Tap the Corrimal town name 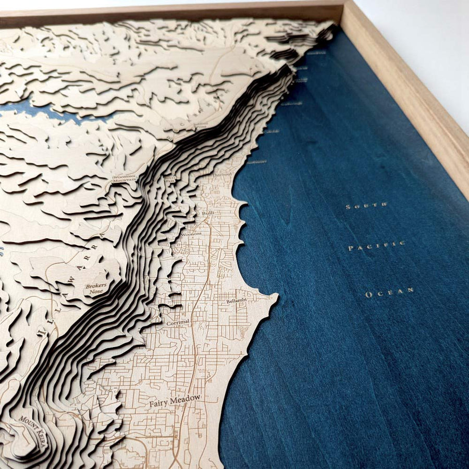178,322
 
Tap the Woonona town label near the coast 192,234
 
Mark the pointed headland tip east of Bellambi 277,298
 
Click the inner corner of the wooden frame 341,21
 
